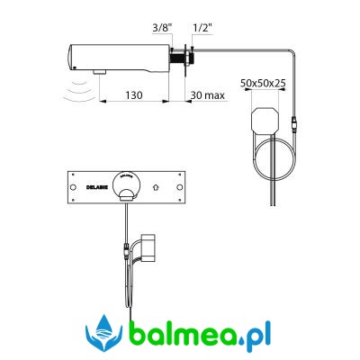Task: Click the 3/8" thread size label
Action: [x=162, y=28]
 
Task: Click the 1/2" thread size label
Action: [x=202, y=28]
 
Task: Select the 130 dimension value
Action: [x=134, y=95]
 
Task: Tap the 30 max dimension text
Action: [x=208, y=95]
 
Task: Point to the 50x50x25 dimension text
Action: [x=263, y=83]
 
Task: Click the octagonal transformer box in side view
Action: [x=265, y=121]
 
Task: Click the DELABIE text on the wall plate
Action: [x=95, y=187]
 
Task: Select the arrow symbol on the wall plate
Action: [x=156, y=187]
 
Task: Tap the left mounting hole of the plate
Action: [x=73, y=187]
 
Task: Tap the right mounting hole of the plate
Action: [x=180, y=187]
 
